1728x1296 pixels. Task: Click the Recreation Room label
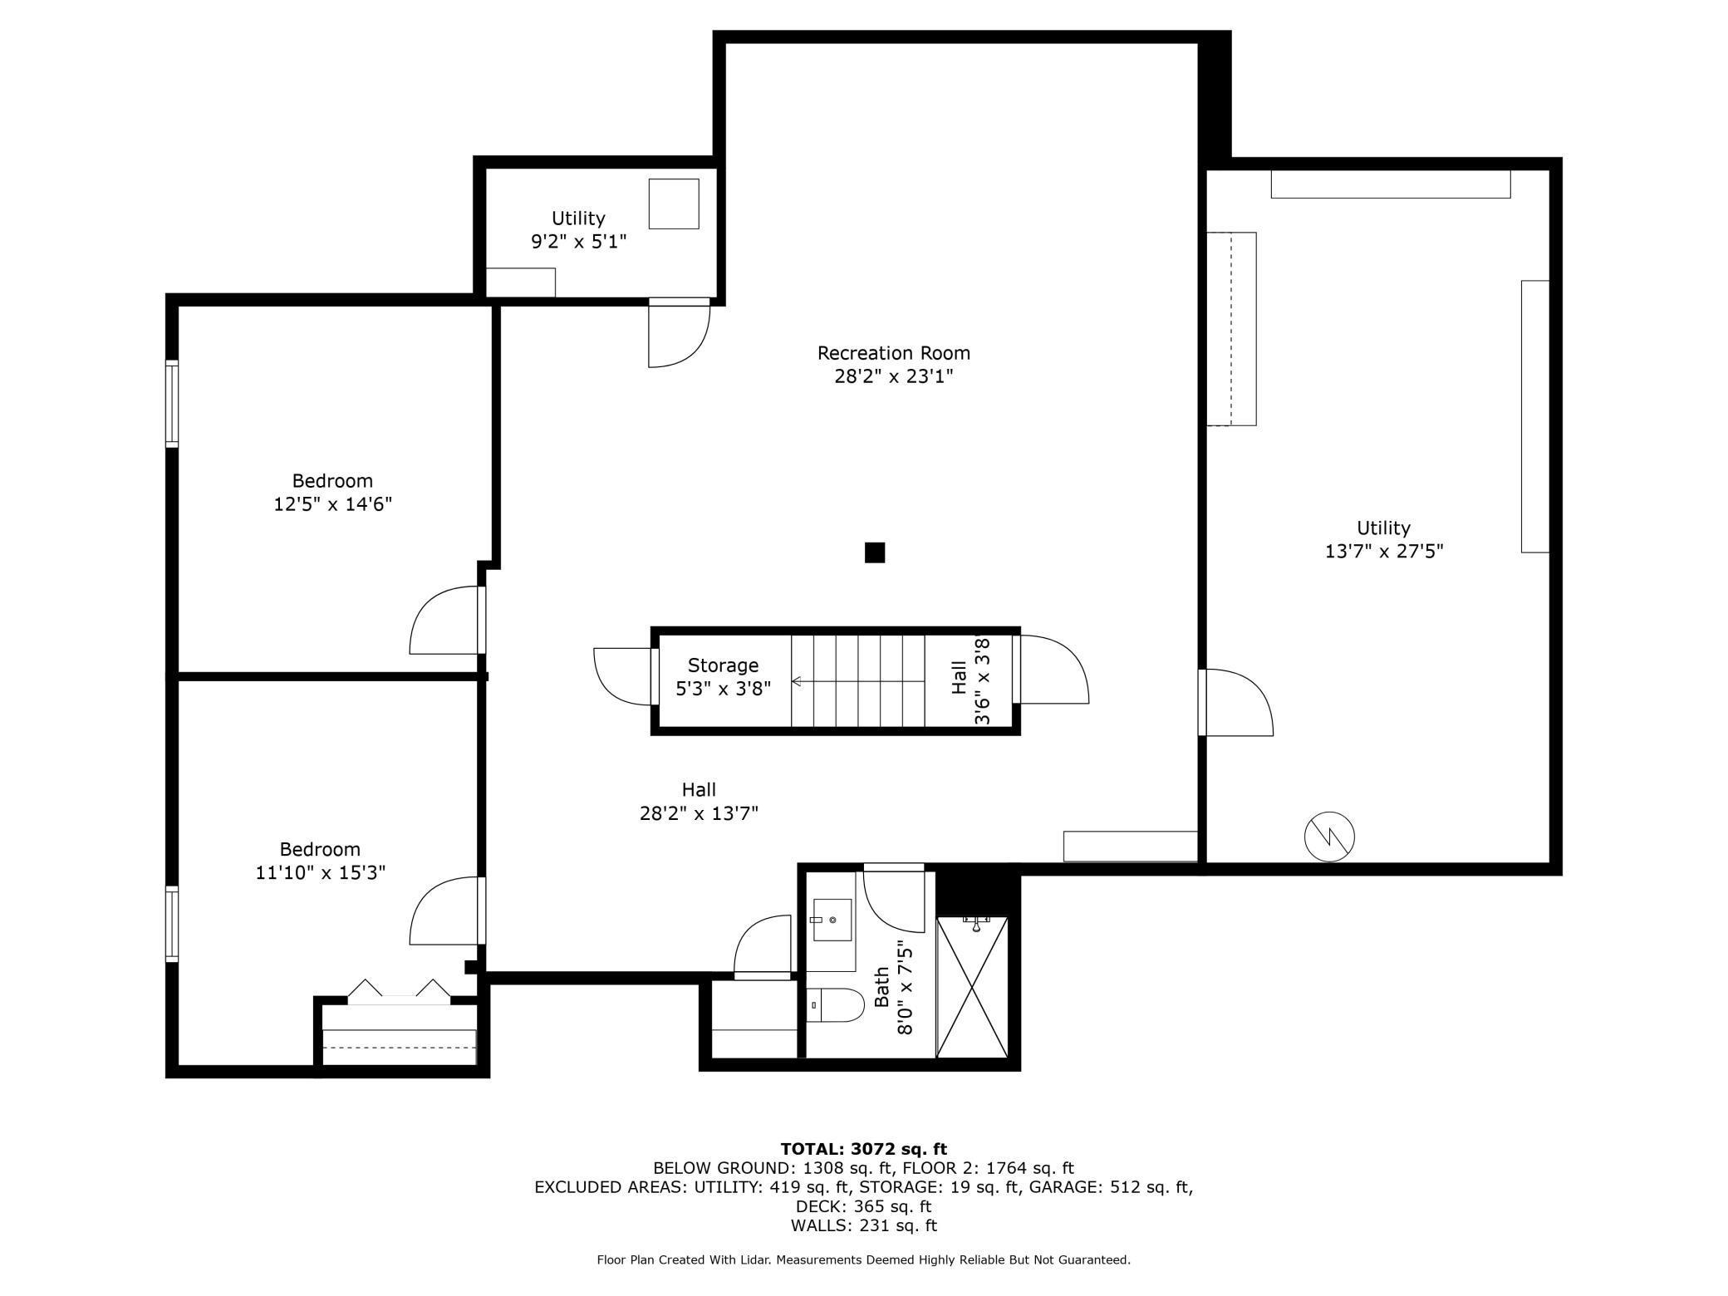pyautogui.click(x=893, y=353)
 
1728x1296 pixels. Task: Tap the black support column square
pyautogui.click(x=875, y=552)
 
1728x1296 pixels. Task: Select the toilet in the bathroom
pyautogui.click(x=836, y=1005)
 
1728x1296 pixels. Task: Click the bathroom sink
pyautogui.click(x=832, y=920)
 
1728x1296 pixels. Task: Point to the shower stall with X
pyautogui.click(x=972, y=987)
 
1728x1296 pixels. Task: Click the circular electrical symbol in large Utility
pyautogui.click(x=1329, y=836)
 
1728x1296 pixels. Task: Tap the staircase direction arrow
pyautogui.click(x=857, y=681)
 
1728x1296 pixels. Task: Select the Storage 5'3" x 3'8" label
pyautogui.click(x=723, y=676)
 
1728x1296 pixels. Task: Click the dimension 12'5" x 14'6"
pyautogui.click(x=332, y=503)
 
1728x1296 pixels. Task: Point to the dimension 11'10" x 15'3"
pyautogui.click(x=321, y=872)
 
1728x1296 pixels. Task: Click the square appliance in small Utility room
pyautogui.click(x=674, y=204)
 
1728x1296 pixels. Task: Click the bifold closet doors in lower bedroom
pyautogui.click(x=399, y=991)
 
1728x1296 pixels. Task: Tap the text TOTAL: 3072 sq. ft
pyautogui.click(x=863, y=1149)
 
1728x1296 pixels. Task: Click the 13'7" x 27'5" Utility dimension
pyautogui.click(x=1384, y=551)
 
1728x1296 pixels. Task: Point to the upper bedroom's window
pyautogui.click(x=172, y=404)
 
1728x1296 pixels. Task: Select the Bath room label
pyautogui.click(x=881, y=988)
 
